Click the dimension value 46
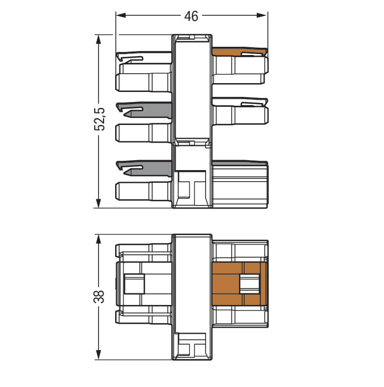click(191, 17)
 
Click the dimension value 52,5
click(100, 119)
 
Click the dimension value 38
click(99, 296)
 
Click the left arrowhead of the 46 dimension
click(121, 15)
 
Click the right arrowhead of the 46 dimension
click(262, 15)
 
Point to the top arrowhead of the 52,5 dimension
click(98, 40)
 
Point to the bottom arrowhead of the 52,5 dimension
click(98, 203)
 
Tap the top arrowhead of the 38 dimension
click(98, 239)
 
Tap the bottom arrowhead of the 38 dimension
click(98, 355)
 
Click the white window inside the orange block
click(250, 284)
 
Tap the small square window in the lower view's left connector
click(134, 284)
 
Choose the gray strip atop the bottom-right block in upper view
click(240, 163)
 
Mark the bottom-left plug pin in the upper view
click(143, 191)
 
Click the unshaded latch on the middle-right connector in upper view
click(240, 102)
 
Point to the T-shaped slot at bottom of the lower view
click(192, 346)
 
